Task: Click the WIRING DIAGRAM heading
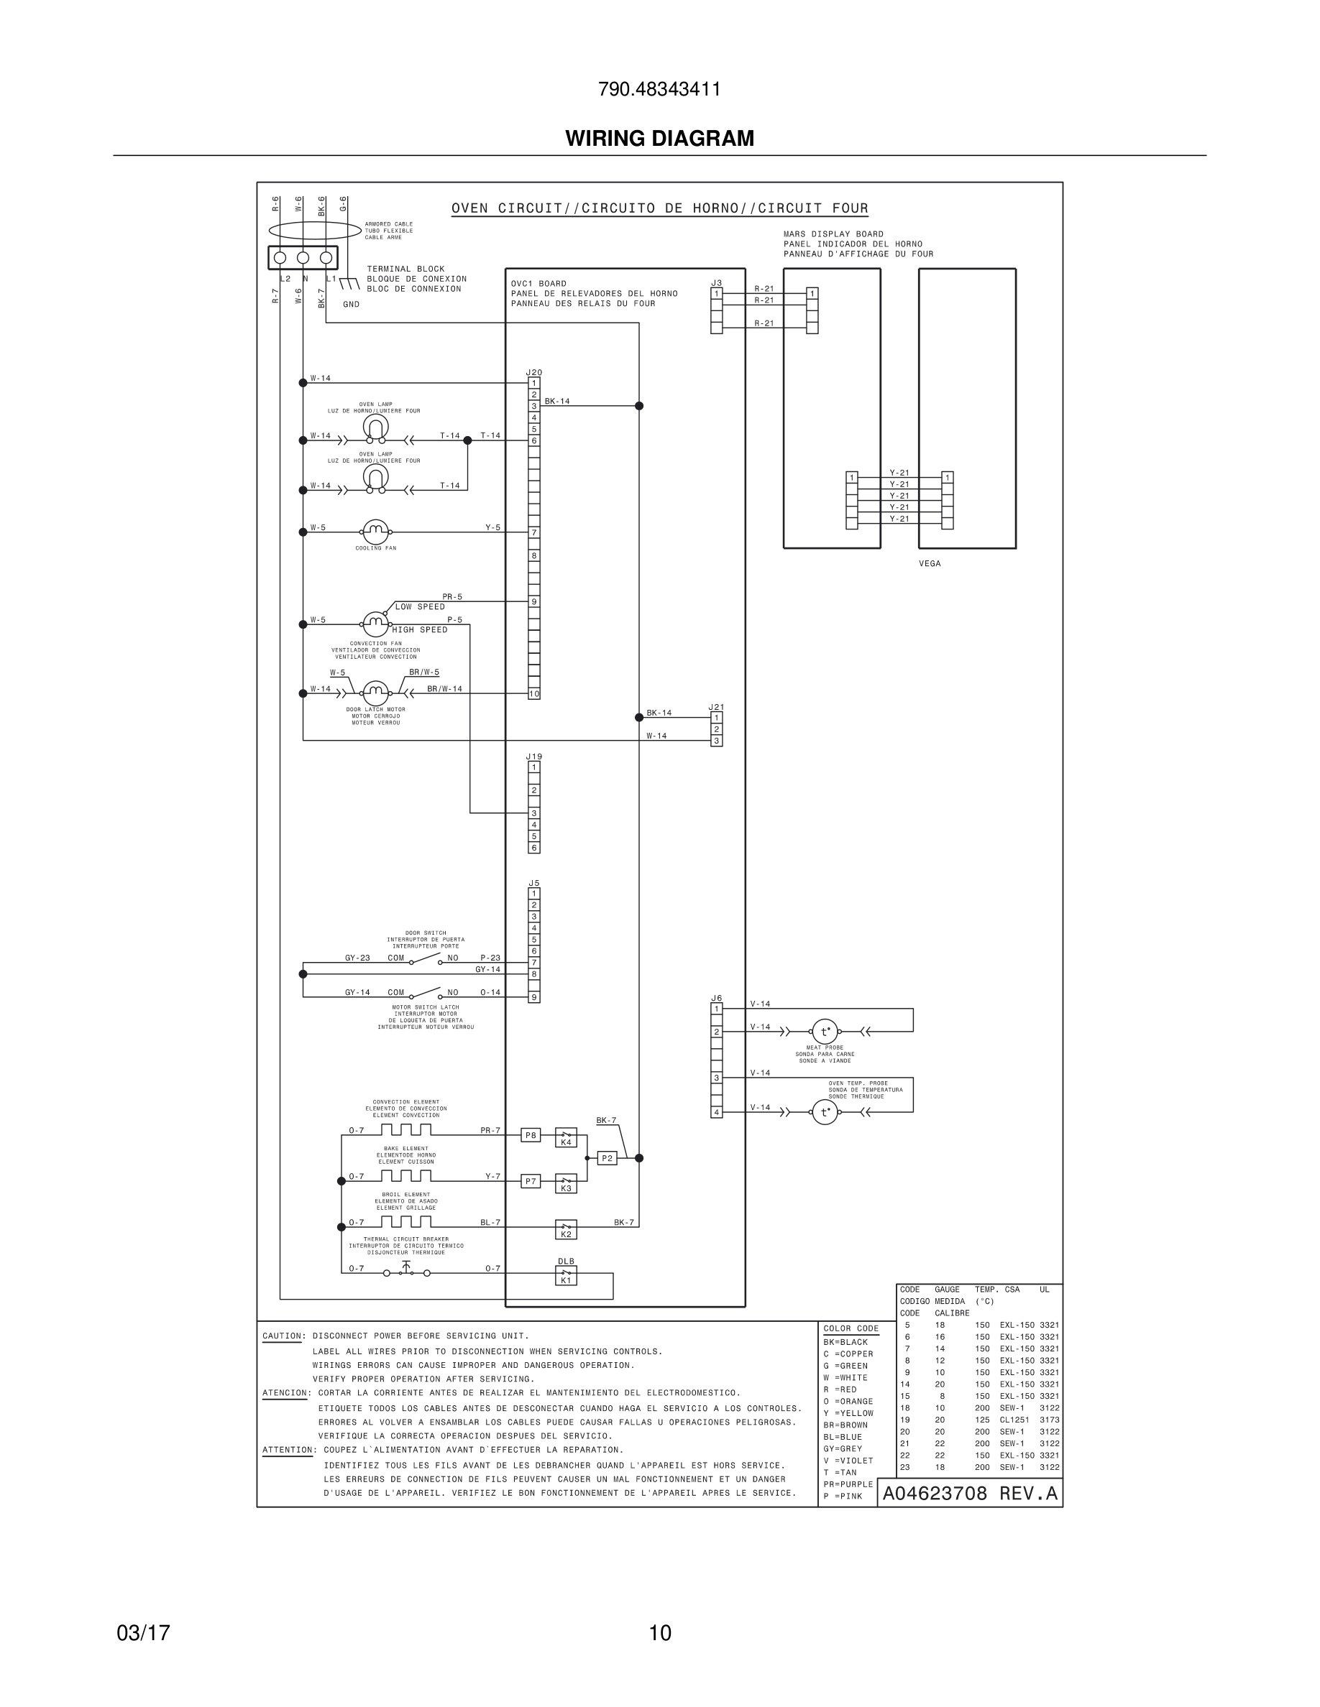coord(659,139)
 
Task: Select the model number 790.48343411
coord(659,89)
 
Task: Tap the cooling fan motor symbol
coord(375,532)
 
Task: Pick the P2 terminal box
coord(607,1158)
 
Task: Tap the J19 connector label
coord(533,757)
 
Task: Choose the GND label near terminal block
coord(351,305)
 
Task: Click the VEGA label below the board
coord(930,563)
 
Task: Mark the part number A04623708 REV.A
coord(970,1494)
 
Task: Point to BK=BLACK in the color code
coord(845,1342)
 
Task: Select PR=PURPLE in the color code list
coord(848,1484)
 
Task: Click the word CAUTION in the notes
coord(283,1336)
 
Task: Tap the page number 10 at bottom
coord(660,1633)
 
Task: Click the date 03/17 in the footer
coord(143,1633)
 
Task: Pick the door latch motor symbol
coord(375,693)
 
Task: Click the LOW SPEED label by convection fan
coord(420,606)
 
